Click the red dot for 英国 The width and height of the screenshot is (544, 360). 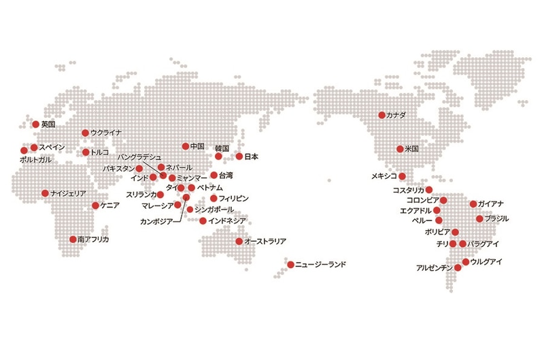pyautogui.click(x=35, y=125)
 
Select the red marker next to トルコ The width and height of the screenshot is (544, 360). pyautogui.click(x=86, y=152)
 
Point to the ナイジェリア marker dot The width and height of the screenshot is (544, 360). pyautogui.click(x=45, y=193)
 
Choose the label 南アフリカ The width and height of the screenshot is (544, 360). pyautogui.click(x=93, y=240)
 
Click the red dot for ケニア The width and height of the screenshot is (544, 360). pyautogui.click(x=95, y=205)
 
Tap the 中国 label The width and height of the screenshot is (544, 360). pyautogui.click(x=198, y=146)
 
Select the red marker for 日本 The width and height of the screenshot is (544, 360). pyautogui.click(x=239, y=157)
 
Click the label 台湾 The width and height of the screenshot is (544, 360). pyautogui.click(x=226, y=176)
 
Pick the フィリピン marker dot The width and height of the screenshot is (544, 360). pyautogui.click(x=214, y=198)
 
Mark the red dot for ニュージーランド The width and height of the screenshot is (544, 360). pyautogui.click(x=290, y=264)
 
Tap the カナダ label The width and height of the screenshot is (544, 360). pyautogui.click(x=396, y=116)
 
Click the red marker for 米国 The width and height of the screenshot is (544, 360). pyautogui.click(x=401, y=149)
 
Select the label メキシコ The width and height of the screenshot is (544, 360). pyautogui.click(x=384, y=176)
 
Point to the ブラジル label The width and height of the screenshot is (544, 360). pyautogui.click(x=496, y=218)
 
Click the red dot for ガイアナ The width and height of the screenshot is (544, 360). pyautogui.click(x=473, y=204)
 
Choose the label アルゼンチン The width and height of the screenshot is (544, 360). pyautogui.click(x=434, y=268)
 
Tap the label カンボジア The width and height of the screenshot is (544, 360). pyautogui.click(x=156, y=221)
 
